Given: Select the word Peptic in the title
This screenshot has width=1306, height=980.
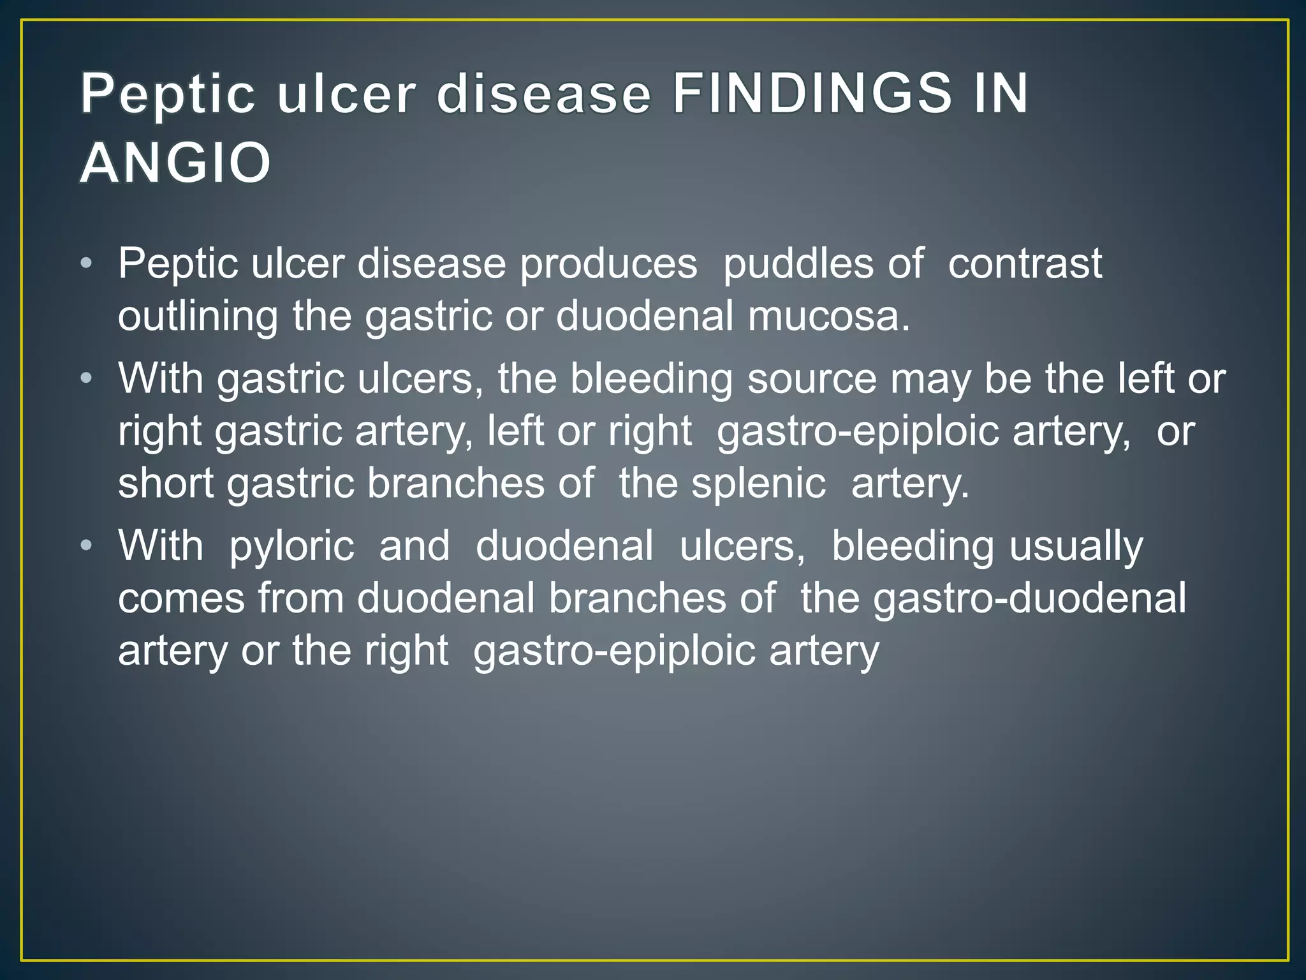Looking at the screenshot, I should [168, 94].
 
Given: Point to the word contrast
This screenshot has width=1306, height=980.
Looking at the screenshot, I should [1025, 263].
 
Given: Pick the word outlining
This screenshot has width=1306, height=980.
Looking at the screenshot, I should [198, 316].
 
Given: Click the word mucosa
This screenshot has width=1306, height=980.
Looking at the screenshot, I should [828, 316].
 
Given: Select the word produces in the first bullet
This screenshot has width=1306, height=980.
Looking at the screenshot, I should [608, 263].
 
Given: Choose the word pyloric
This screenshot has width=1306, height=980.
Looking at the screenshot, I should [291, 547].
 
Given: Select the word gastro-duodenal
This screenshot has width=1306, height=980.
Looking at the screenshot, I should [1029, 599].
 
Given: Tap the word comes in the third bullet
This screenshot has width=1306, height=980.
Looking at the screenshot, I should [181, 599].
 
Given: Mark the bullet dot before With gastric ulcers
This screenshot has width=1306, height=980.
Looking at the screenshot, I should [87, 379].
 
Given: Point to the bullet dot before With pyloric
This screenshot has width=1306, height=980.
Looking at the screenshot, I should [87, 546].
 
